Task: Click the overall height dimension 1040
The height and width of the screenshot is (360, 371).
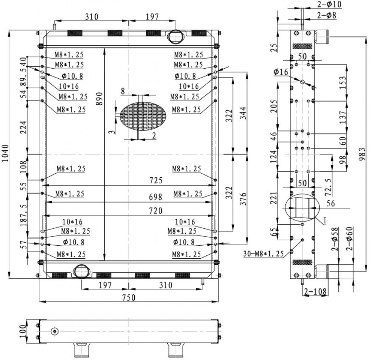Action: coord(5,153)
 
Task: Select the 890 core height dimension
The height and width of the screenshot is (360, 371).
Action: coord(99,99)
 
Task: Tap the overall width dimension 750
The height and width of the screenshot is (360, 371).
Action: coord(129,297)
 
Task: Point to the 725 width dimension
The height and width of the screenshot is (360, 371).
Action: coord(156,181)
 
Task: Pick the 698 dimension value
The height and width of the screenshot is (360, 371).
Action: coord(155,197)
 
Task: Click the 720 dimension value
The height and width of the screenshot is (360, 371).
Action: coord(155,211)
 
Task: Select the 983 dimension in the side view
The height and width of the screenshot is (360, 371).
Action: coord(362,154)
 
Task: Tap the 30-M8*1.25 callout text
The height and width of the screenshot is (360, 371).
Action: coord(263,254)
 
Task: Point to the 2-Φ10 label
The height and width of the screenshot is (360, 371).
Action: coord(329,4)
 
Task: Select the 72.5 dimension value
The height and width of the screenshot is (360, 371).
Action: coord(328,187)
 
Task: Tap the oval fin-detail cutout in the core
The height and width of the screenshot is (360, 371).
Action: coord(143,116)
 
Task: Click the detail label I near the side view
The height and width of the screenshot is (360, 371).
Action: coord(325,220)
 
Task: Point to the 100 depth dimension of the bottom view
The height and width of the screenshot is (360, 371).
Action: coord(23,331)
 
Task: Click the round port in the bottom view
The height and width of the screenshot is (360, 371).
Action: coord(55,331)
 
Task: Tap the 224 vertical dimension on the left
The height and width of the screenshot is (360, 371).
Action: coord(23,127)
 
